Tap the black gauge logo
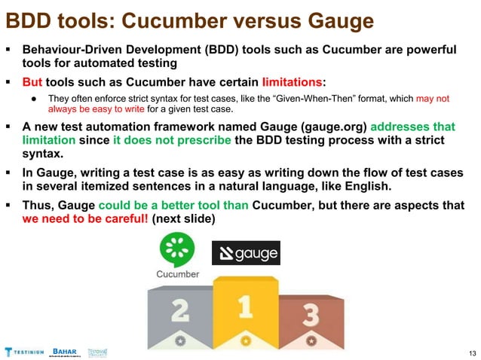coord(245,254)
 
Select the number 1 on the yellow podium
coord(244,307)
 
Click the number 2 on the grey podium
coord(179,310)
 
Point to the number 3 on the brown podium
coord(311,316)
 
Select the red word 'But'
coord(33,81)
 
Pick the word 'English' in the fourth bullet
coord(419,185)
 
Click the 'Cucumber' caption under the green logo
coord(178,274)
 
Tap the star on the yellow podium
coord(244,340)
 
